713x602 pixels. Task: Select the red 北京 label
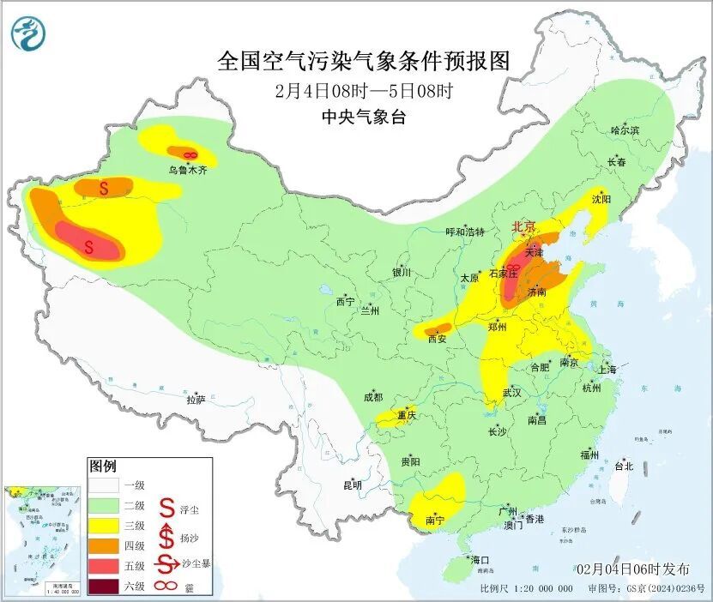523,226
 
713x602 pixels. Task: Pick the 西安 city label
438,339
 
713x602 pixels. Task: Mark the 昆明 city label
353,485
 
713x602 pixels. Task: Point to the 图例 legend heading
102,467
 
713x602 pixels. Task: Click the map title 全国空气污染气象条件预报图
364,62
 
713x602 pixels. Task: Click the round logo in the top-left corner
28,33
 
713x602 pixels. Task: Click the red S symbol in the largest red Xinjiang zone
89,247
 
